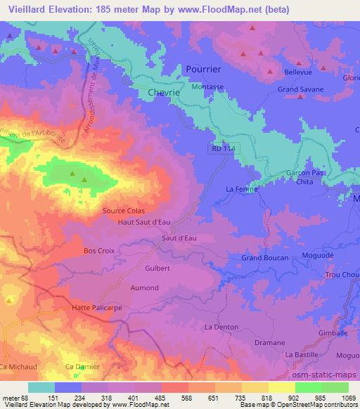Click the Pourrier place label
203,69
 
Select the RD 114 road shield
221,148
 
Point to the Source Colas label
123,209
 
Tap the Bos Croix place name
98,250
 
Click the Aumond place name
146,288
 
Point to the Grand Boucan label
262,258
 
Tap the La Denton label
219,327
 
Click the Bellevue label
297,72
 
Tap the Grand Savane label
300,90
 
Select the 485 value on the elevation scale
165,400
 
